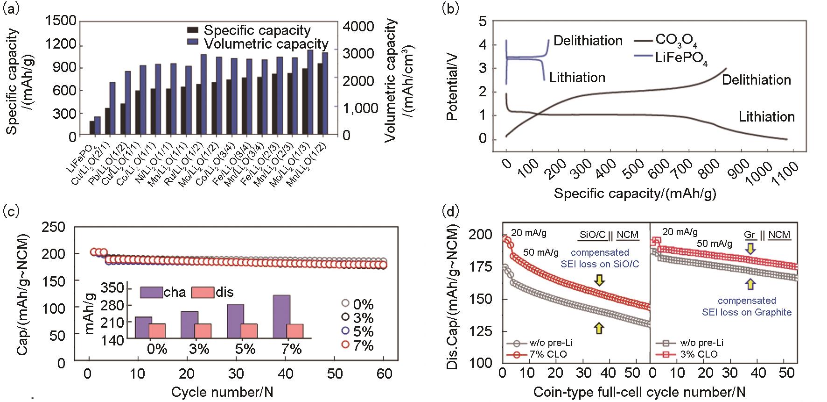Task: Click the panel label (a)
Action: pos(11,9)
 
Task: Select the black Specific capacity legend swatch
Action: pos(192,30)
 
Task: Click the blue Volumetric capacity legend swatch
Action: pos(192,44)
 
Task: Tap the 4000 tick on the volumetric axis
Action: pos(358,26)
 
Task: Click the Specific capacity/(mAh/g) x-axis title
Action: pos(635,193)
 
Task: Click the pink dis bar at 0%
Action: pos(157,330)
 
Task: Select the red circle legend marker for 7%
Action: pos(345,345)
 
